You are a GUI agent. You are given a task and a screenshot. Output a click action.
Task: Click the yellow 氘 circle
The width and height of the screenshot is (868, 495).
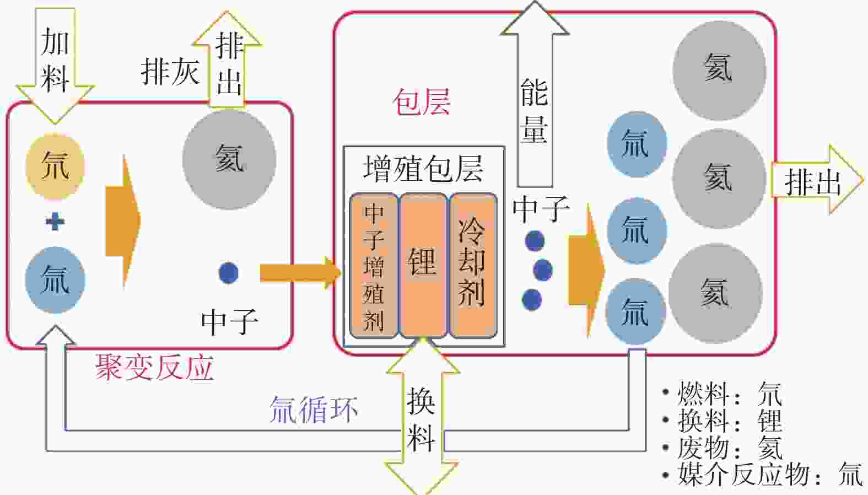point(55,166)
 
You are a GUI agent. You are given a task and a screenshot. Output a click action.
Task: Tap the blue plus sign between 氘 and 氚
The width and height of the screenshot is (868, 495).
point(55,222)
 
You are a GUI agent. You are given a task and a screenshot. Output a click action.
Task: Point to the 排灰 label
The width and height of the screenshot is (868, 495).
point(170,72)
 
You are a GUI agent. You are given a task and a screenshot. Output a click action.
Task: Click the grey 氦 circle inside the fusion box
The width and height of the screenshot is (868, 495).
point(229,160)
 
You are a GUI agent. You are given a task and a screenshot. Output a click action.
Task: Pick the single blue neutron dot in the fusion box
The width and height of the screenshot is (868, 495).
point(229,273)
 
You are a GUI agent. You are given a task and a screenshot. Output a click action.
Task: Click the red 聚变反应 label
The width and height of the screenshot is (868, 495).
point(155,368)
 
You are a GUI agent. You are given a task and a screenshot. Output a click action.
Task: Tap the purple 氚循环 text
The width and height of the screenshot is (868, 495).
point(313,410)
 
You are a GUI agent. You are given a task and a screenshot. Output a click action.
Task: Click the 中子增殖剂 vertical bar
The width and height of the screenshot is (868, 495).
point(374,266)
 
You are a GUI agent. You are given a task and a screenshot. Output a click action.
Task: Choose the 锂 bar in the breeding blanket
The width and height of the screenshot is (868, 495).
point(423,266)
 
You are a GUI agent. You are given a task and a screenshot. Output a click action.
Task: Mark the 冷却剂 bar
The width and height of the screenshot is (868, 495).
point(473,266)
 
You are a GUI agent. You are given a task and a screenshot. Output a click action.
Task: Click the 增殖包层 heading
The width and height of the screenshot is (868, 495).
point(423,169)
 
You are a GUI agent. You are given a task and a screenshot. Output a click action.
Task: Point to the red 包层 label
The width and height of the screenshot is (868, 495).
point(422,102)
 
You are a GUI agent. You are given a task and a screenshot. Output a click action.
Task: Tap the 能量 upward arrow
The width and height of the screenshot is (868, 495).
point(535,94)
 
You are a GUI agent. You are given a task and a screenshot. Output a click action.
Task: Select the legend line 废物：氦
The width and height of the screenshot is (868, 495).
point(723,448)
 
